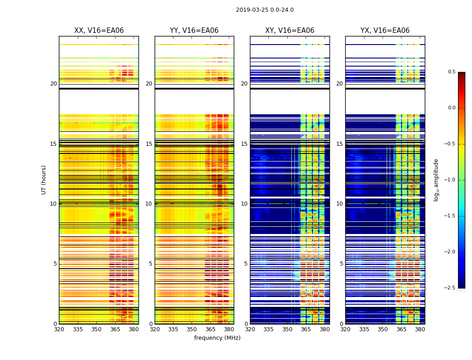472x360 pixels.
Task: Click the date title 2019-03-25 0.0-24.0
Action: coord(265,10)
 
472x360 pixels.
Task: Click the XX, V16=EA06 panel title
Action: coord(99,31)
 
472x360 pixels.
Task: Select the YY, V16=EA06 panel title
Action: coord(194,31)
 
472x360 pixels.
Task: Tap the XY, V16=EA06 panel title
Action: coord(290,31)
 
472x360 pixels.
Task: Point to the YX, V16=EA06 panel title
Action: coord(385,31)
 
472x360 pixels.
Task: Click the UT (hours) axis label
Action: coord(44,180)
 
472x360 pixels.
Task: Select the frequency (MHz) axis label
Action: coord(217,338)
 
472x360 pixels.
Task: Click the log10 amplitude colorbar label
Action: coord(436,180)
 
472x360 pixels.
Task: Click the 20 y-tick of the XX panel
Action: coord(53,84)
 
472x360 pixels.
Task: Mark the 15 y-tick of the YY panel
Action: coord(149,144)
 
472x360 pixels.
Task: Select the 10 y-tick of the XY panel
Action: coord(244,204)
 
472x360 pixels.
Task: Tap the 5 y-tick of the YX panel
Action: coord(341,264)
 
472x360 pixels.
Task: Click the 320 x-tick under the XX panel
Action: coord(59,329)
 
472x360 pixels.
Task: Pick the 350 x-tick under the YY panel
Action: coord(192,329)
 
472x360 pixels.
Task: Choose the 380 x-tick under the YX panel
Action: coord(420,329)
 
